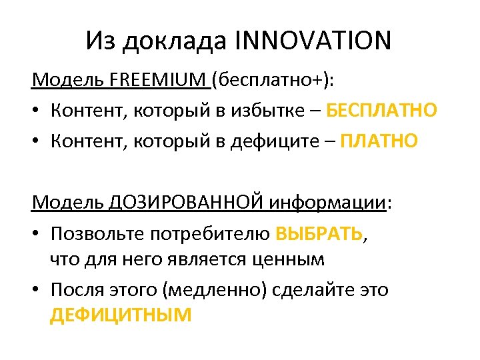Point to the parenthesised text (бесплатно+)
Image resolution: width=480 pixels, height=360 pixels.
pos(273,81)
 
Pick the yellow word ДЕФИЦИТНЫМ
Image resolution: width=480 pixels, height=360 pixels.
pos(121,315)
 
